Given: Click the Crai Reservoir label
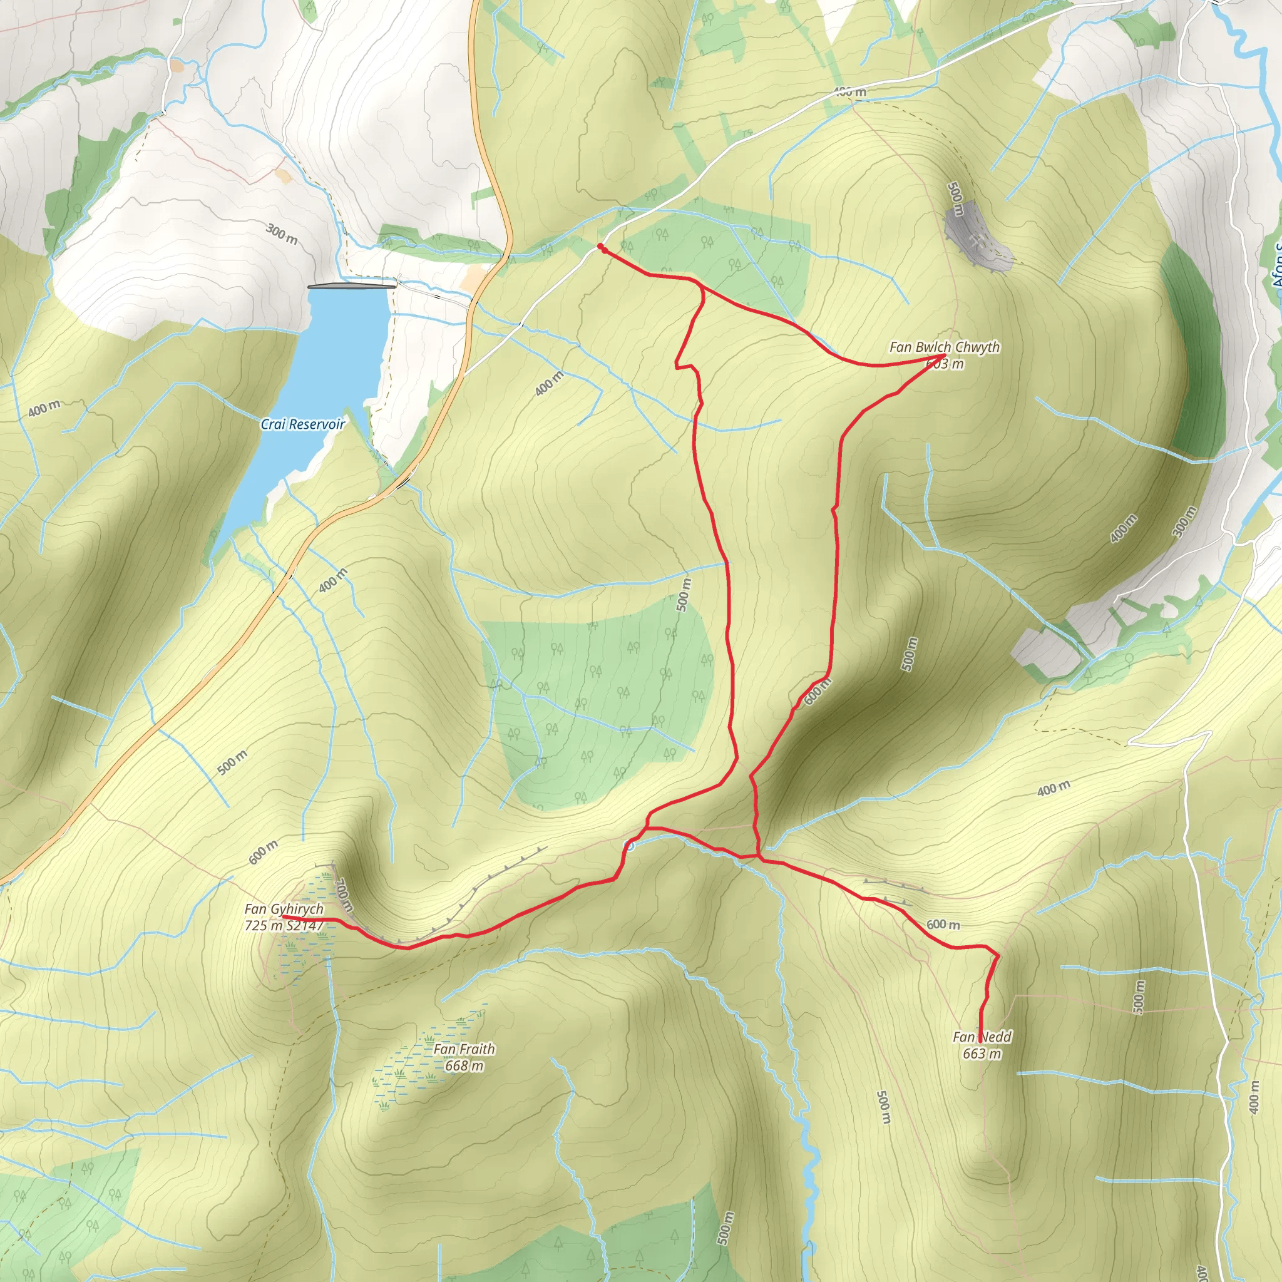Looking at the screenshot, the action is pyautogui.click(x=302, y=424).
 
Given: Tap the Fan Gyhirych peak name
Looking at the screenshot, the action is pyautogui.click(x=284, y=909).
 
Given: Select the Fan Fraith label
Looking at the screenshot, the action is pyautogui.click(x=464, y=1049).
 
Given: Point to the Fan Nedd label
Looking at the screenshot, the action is pyautogui.click(x=982, y=1037).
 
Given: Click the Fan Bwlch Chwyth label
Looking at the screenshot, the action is pyautogui.click(x=944, y=347).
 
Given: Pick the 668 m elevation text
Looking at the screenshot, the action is pyautogui.click(x=464, y=1065).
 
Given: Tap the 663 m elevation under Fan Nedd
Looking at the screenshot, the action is pyautogui.click(x=982, y=1053).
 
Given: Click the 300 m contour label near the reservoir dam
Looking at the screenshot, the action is pyautogui.click(x=282, y=233).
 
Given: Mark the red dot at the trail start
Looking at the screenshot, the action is pyautogui.click(x=600, y=247).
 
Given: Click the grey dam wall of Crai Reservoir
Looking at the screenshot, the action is pyautogui.click(x=352, y=286).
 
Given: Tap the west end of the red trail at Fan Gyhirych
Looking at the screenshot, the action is pyautogui.click(x=284, y=916).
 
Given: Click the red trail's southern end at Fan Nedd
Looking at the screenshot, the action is pyautogui.click(x=982, y=1040).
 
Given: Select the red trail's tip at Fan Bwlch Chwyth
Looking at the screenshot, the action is pyautogui.click(x=943, y=356).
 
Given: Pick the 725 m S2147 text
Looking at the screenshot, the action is pyautogui.click(x=284, y=925).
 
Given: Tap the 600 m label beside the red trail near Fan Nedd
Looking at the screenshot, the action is pyautogui.click(x=943, y=925).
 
